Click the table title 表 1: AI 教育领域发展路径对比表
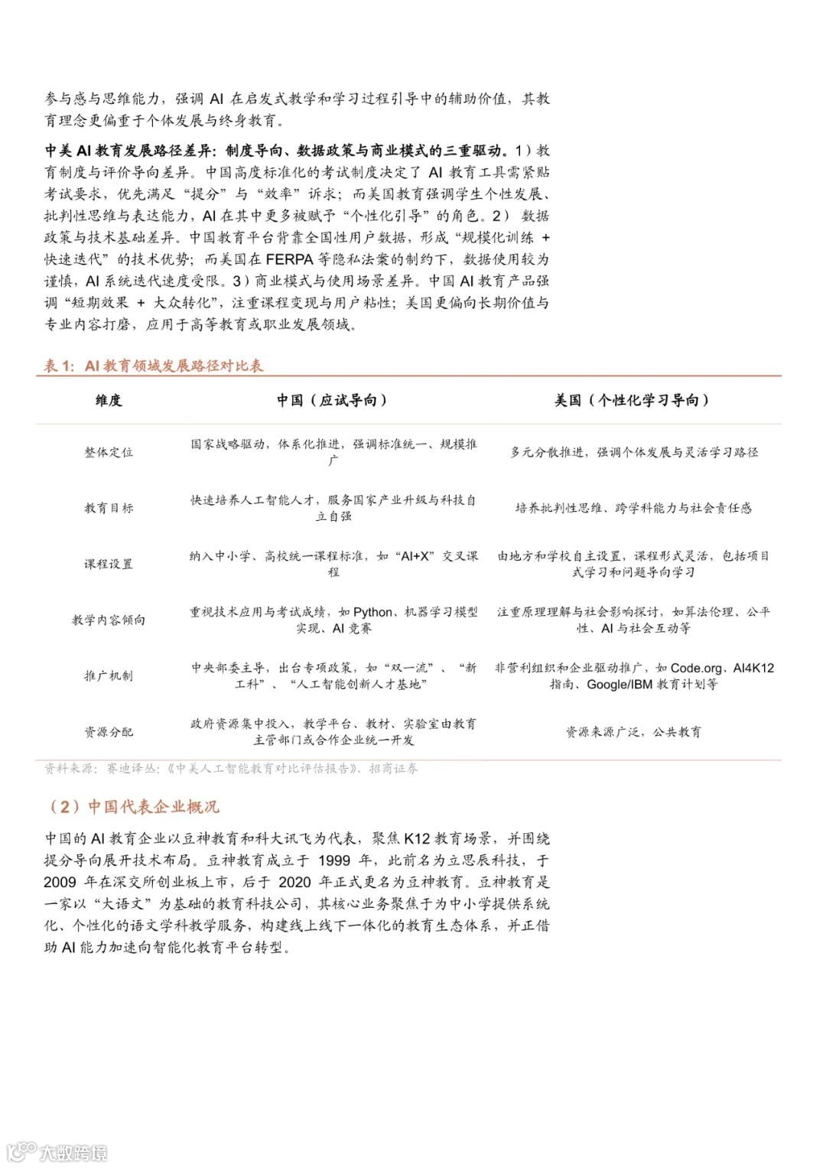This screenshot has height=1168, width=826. click(x=154, y=366)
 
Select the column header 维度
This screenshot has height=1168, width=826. click(x=109, y=400)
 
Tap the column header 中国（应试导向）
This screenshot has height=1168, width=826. click(x=333, y=400)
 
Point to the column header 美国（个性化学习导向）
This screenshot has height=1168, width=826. click(x=633, y=400)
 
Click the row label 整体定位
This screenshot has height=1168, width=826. click(x=109, y=452)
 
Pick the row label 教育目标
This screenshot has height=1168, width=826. click(x=109, y=508)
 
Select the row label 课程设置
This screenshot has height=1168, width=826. click(x=109, y=564)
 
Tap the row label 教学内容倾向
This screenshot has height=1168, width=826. click(x=109, y=620)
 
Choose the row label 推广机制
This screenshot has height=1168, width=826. click(x=109, y=675)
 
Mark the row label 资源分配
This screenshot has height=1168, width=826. click(x=109, y=732)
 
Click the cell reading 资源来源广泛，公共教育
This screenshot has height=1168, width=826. click(x=633, y=732)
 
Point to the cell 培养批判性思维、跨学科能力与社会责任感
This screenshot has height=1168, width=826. click(x=633, y=508)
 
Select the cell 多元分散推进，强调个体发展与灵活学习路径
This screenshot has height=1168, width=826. click(x=633, y=452)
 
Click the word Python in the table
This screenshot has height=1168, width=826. click(x=372, y=612)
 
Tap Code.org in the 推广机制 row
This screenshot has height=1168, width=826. click(x=695, y=669)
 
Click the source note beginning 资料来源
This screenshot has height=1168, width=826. click(x=230, y=769)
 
